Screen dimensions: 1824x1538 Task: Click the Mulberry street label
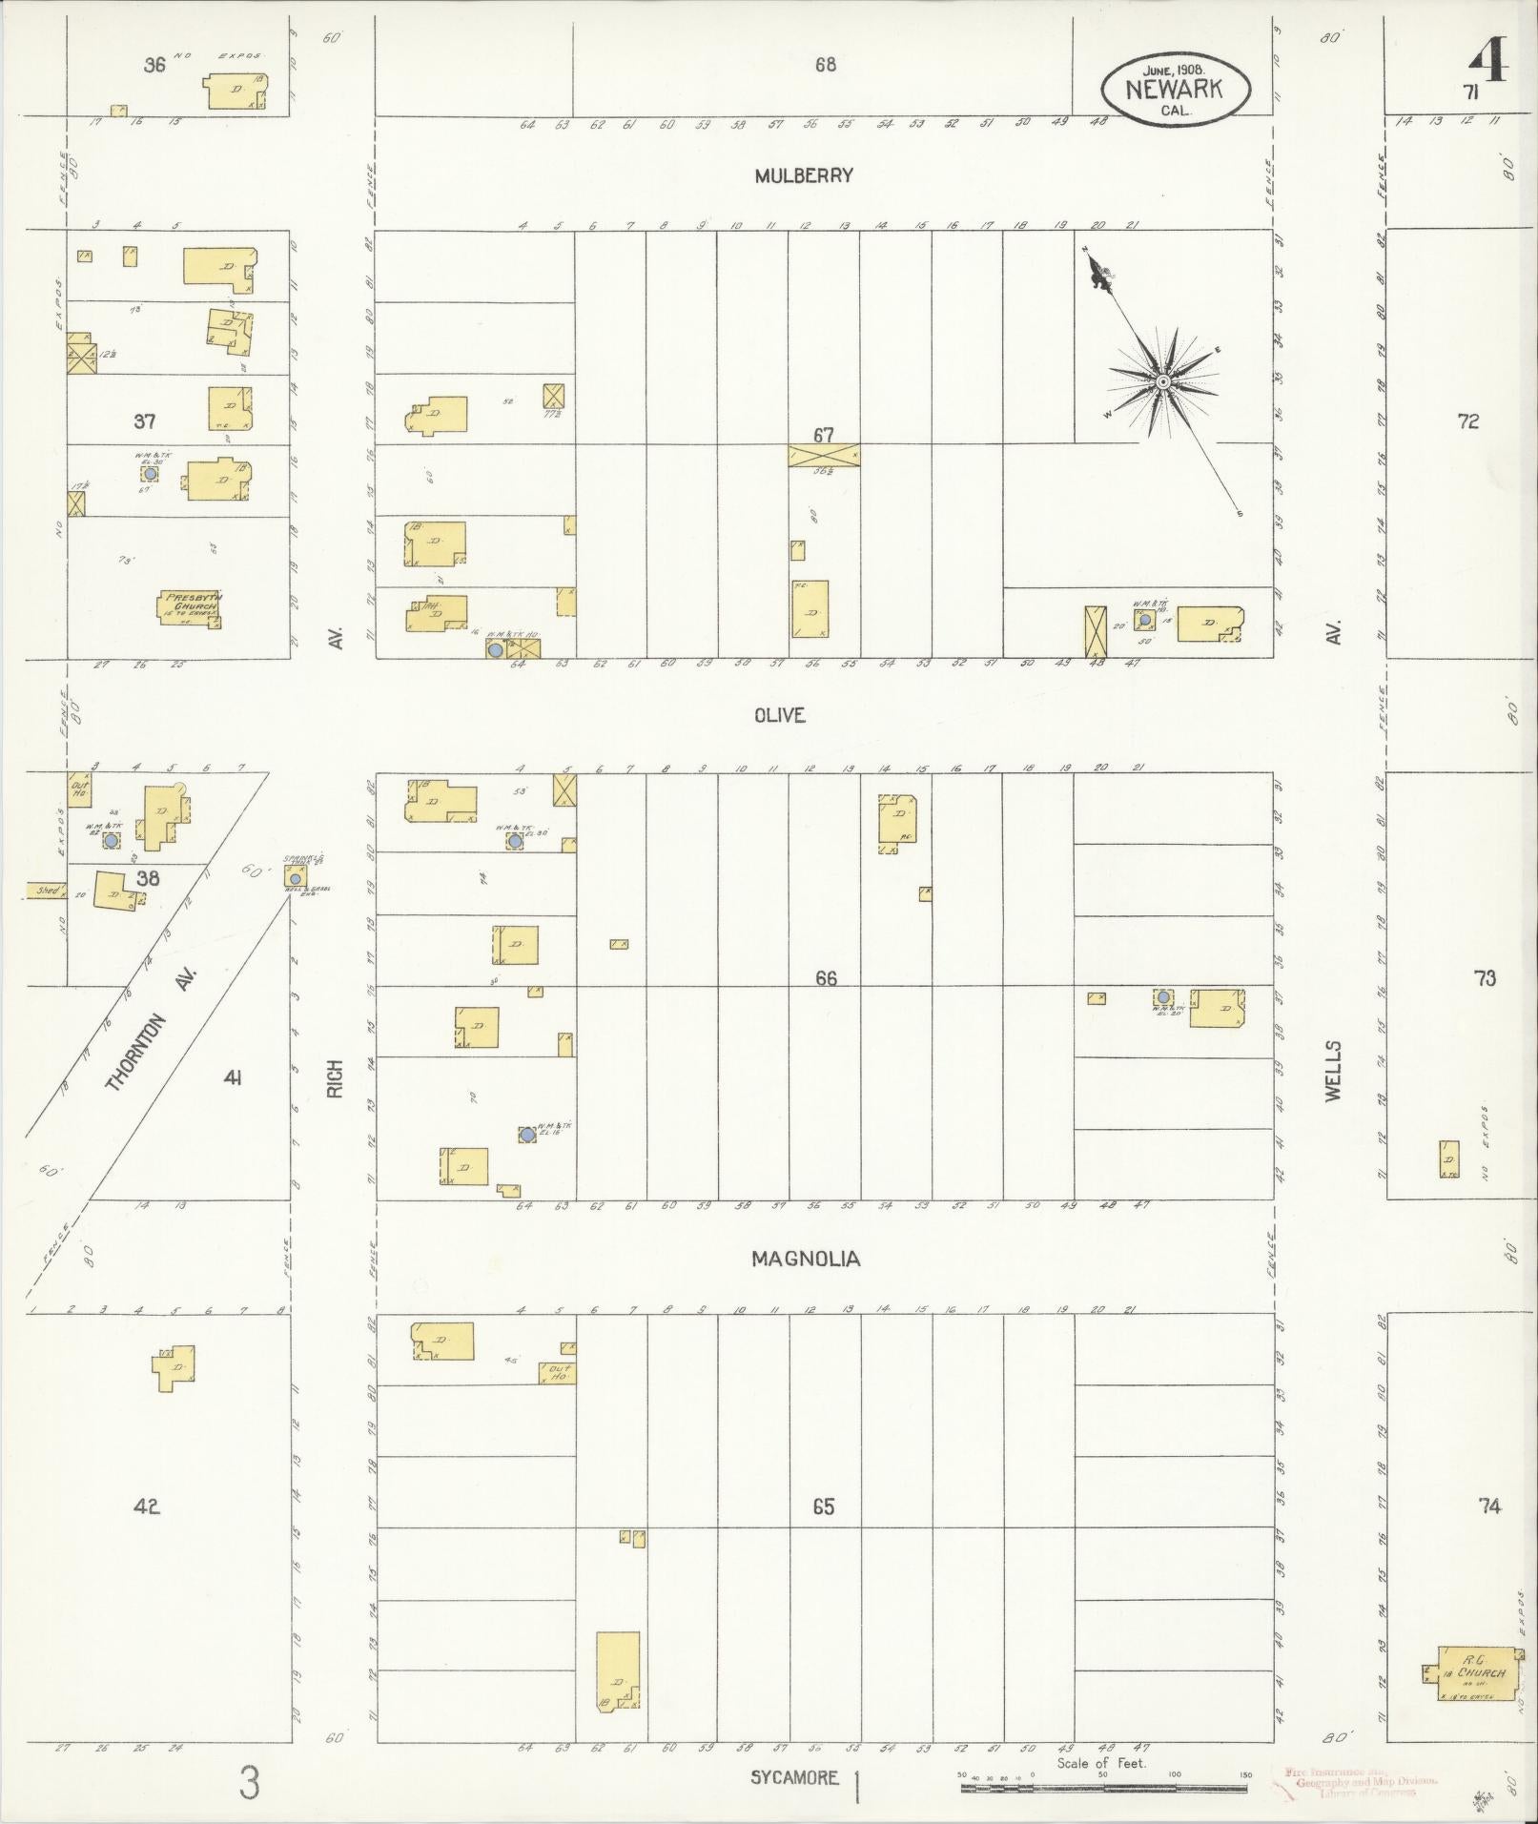click(x=803, y=175)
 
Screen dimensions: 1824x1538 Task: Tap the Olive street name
click(x=779, y=715)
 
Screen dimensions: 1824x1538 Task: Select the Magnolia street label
click(x=806, y=1259)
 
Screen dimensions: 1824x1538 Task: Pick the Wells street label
click(x=1333, y=1071)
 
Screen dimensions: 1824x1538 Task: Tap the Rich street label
click(x=334, y=1078)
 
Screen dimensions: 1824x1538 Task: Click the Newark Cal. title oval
click(x=1174, y=90)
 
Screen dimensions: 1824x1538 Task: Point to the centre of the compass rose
click(x=1162, y=382)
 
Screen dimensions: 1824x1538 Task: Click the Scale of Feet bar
click(x=1104, y=1788)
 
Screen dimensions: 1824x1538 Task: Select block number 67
click(x=824, y=435)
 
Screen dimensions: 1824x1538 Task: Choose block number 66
click(x=826, y=977)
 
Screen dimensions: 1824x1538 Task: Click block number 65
click(x=824, y=1506)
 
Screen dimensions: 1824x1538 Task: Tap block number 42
click(x=146, y=1506)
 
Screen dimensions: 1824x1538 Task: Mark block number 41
click(x=232, y=1077)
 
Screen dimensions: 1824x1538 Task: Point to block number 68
click(x=826, y=65)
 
